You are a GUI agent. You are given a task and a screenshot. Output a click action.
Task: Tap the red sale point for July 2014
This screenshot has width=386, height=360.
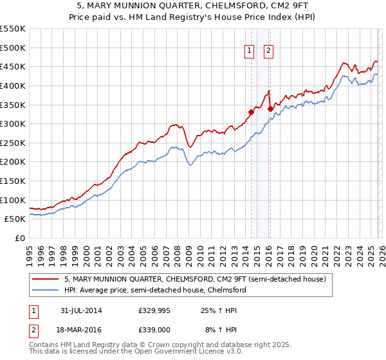(x=251, y=112)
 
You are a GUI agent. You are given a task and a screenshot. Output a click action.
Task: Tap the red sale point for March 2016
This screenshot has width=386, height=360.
(x=270, y=109)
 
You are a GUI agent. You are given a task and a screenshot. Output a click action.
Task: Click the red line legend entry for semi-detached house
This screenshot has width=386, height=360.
(x=196, y=280)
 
